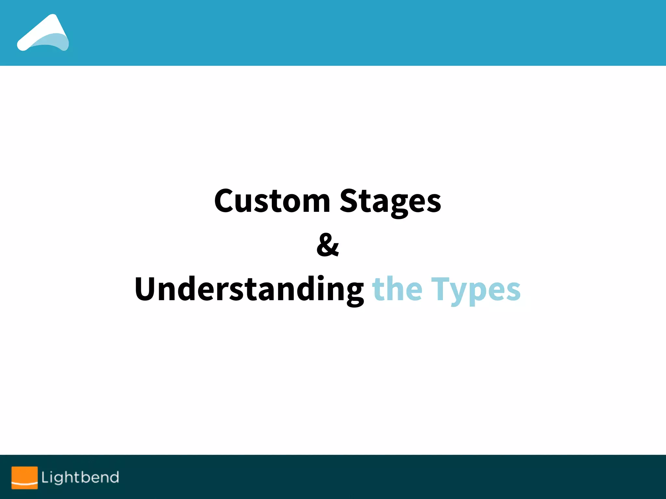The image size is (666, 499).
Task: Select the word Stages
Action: click(390, 201)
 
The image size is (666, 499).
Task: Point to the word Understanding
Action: click(249, 289)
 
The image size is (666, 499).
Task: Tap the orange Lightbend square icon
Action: click(24, 478)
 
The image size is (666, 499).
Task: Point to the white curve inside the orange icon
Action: click(24, 483)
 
